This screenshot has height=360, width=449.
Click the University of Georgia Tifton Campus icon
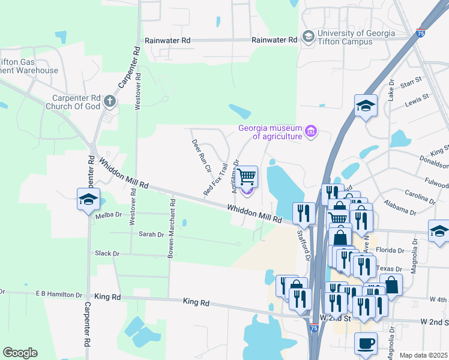pyautogui.click(x=308, y=37)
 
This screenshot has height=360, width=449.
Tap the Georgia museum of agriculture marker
pyautogui.click(x=310, y=131)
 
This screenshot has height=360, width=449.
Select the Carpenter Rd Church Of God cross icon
pyautogui.click(x=109, y=101)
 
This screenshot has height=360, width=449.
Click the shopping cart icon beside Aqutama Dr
pyautogui.click(x=247, y=177)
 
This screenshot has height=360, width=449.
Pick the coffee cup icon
pyautogui.click(x=366, y=344)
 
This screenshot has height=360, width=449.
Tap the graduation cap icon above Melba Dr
pyautogui.click(x=88, y=199)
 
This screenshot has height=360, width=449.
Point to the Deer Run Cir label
pyautogui.click(x=202, y=156)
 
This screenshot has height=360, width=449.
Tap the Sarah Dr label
pyautogui.click(x=151, y=234)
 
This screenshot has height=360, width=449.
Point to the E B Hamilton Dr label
pyautogui.click(x=59, y=295)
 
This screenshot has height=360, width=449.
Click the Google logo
pyautogui.click(x=20, y=353)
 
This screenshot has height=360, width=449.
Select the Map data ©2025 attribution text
pyautogui.click(x=424, y=355)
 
